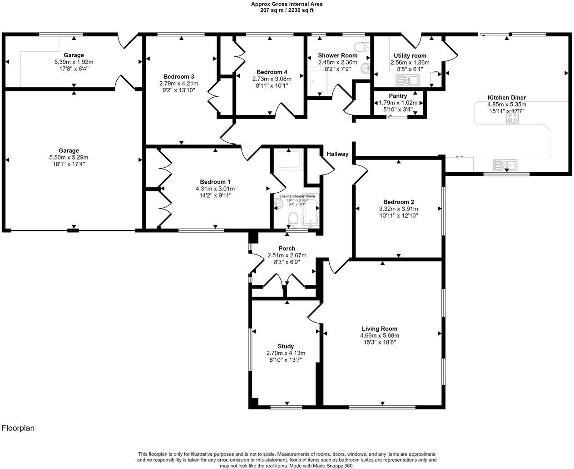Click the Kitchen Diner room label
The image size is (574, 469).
(506, 98)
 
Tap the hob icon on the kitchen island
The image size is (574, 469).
(513, 117)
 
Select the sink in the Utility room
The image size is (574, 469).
(407, 80)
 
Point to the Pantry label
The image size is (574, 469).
(398, 96)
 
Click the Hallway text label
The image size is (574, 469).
(337, 154)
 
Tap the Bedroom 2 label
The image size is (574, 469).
(398, 202)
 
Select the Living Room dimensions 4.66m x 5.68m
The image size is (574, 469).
(379, 336)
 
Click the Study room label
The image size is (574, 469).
(286, 346)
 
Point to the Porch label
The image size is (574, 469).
(287, 249)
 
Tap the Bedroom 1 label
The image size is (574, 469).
(215, 182)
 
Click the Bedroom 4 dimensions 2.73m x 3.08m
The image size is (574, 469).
(272, 79)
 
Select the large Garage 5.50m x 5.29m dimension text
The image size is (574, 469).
(68, 157)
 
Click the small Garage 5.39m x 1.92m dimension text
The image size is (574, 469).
(74, 62)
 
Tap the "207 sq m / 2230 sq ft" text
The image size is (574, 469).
(287, 10)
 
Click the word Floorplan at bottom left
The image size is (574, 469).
(18, 428)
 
